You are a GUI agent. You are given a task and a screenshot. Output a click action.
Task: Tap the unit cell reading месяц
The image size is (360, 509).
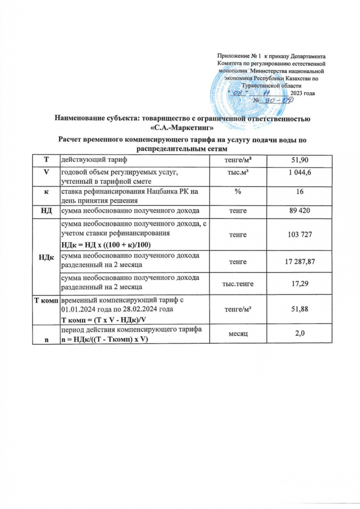(x=237, y=334)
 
